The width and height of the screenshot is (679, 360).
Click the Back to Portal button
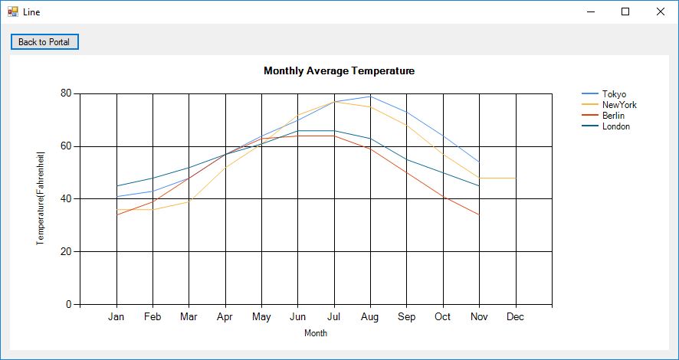44,42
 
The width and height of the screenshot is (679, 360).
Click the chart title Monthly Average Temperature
339,70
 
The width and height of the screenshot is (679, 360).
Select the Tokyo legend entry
614,94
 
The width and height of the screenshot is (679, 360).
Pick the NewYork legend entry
618,105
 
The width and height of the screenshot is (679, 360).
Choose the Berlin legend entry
613,116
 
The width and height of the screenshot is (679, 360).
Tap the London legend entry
615,126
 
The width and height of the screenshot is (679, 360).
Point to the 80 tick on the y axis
66,93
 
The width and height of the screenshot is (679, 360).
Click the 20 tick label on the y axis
66,251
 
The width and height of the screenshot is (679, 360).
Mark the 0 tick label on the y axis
69,304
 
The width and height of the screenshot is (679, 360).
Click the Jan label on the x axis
116,316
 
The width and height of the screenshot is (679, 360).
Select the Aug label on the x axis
370,316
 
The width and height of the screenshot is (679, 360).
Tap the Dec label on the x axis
516,316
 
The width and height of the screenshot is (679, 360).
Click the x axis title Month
316,333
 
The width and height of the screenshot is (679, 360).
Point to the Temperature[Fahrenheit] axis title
41,198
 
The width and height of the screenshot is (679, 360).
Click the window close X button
661,11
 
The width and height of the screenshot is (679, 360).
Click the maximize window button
625,11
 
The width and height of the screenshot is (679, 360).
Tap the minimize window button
590,11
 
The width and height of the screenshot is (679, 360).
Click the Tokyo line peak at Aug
370,96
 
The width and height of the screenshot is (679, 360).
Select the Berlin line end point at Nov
479,214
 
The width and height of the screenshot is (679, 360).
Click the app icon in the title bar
12,11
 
